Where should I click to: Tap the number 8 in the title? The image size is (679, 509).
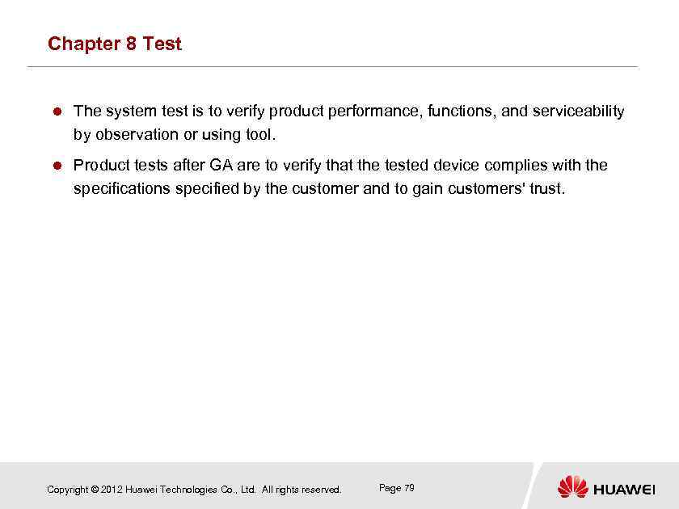point(131,44)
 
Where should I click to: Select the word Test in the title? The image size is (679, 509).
point(162,44)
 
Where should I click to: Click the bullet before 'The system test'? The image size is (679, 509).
point(57,111)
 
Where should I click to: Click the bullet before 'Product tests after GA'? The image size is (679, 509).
point(57,166)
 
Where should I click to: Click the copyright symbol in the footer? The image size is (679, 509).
point(95,490)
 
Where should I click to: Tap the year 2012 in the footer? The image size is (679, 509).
point(112,490)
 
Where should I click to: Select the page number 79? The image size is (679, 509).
point(409,488)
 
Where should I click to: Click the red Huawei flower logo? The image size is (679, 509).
point(573,486)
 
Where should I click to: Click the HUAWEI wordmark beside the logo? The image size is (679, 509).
point(624,489)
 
